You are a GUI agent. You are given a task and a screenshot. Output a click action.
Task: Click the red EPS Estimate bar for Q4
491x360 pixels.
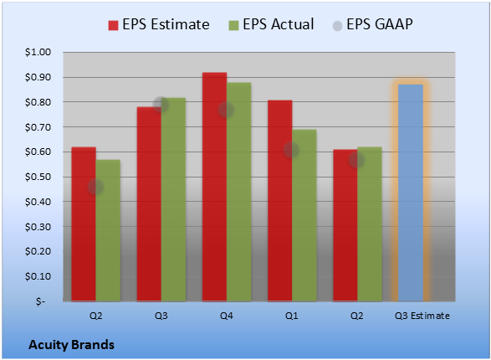[x=214, y=187]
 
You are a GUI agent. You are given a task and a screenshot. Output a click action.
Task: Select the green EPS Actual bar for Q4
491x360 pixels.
[x=239, y=192]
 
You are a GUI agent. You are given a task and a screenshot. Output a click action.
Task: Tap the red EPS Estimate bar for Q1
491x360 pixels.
[x=280, y=201]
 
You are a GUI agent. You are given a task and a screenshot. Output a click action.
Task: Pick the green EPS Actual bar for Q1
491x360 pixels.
[x=304, y=215]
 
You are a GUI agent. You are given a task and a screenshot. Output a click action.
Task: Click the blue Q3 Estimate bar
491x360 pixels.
[x=411, y=193]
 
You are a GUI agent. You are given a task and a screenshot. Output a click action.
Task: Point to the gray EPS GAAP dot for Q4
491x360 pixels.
[x=226, y=110]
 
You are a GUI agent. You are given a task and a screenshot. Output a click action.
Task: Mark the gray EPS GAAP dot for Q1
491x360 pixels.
[x=292, y=150]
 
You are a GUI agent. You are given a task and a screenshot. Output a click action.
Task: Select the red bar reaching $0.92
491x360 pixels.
[x=214, y=187]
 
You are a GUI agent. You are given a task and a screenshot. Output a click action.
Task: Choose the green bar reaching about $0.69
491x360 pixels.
[x=304, y=215]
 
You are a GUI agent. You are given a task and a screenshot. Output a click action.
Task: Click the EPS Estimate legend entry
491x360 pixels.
[x=159, y=24]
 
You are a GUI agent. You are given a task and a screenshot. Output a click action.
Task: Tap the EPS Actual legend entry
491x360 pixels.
[x=271, y=24]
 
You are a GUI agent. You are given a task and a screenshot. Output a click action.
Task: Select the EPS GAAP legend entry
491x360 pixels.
[x=372, y=24]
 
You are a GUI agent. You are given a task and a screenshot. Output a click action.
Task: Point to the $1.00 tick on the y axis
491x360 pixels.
[x=38, y=52]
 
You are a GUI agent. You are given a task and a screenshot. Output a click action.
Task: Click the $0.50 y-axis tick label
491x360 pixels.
[x=38, y=177]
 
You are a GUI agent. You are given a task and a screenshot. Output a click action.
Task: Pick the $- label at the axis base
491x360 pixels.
[x=40, y=301]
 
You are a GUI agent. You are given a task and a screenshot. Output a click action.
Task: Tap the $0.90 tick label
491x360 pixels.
[x=38, y=77]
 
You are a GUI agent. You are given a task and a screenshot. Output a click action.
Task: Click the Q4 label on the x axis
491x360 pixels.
[x=227, y=316]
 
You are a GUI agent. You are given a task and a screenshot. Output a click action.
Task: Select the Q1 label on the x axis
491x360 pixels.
[x=292, y=316]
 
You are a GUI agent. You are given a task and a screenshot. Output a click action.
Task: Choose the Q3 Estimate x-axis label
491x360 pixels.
[x=422, y=316]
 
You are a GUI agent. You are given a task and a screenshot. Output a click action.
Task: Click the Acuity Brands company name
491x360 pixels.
[x=71, y=345]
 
